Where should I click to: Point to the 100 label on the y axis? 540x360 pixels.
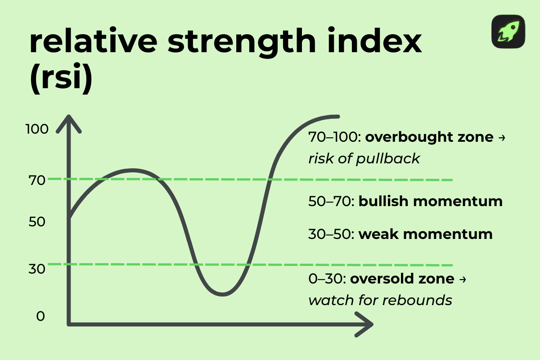click(x=37, y=129)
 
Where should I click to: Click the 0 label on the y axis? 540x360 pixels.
click(x=40, y=316)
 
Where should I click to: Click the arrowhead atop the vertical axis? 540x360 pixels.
click(x=68, y=122)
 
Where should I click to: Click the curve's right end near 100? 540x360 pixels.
click(x=337, y=117)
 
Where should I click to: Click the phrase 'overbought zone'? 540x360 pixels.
click(x=429, y=137)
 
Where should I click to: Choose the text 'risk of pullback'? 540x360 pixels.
click(x=364, y=158)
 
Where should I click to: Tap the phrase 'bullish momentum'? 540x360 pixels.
click(x=430, y=201)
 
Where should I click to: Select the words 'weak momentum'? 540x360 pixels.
click(x=425, y=234)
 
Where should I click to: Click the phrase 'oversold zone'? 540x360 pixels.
click(x=402, y=279)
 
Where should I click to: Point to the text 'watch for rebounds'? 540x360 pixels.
click(x=380, y=300)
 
